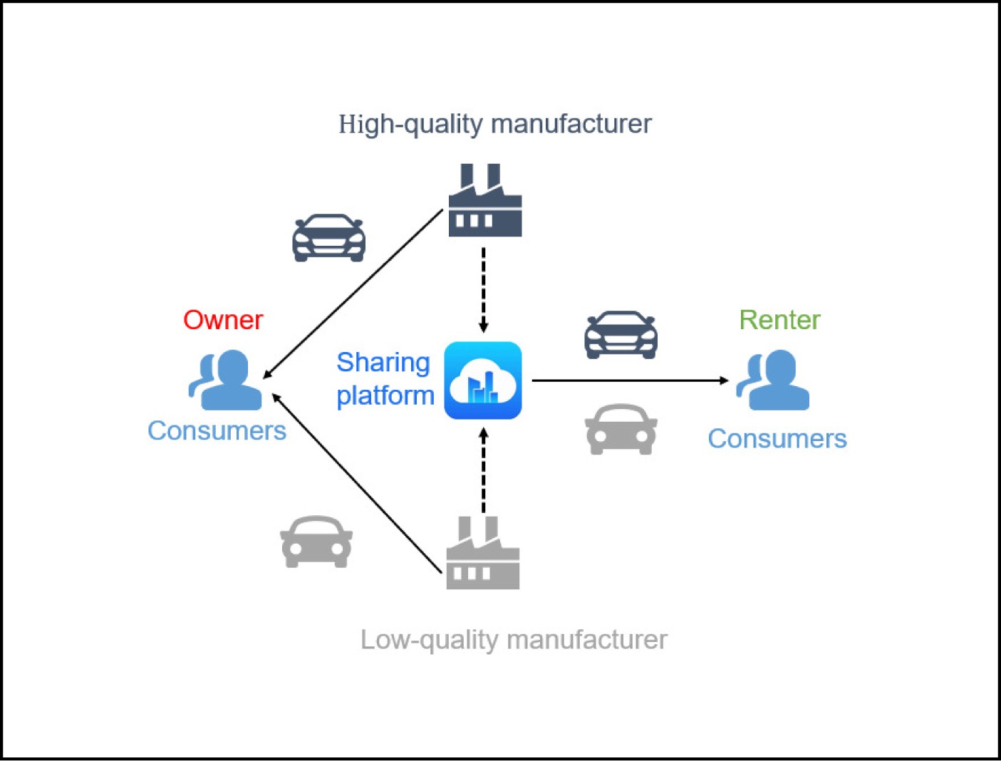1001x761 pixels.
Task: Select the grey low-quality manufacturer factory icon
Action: (x=482, y=555)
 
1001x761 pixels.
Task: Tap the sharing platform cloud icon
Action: (x=483, y=380)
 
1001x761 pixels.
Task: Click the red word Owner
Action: (x=223, y=320)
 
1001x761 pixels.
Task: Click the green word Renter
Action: (x=779, y=320)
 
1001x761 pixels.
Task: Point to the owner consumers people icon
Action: (x=226, y=380)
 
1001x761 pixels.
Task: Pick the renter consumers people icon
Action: (x=773, y=380)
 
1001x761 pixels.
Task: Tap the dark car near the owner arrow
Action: (x=328, y=238)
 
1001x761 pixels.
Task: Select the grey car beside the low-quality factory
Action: (x=316, y=542)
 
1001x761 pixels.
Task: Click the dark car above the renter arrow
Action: (x=621, y=334)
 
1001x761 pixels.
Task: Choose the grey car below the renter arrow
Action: (x=621, y=429)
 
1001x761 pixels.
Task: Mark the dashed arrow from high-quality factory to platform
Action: (x=483, y=289)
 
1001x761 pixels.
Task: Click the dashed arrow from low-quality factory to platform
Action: (x=483, y=470)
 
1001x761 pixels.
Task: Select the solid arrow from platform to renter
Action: (x=631, y=380)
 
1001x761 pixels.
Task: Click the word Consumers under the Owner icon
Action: (x=217, y=430)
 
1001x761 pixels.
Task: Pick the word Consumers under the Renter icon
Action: (x=777, y=438)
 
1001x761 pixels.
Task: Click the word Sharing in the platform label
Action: (x=383, y=363)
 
